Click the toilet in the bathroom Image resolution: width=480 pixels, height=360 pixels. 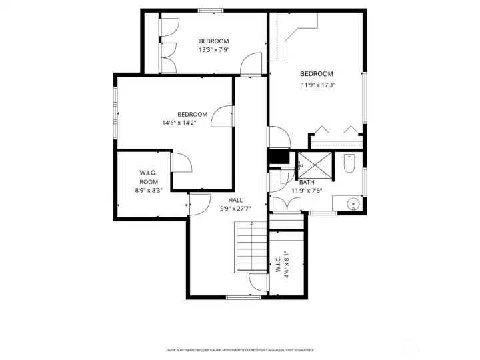click(348, 164)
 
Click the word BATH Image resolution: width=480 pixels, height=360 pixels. click(307, 182)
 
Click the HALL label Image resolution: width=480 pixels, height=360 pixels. click(235, 200)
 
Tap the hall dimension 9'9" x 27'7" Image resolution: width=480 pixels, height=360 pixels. click(235, 209)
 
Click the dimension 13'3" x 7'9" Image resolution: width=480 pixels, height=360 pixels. click(213, 49)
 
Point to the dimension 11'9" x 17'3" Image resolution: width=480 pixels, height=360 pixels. click(317, 85)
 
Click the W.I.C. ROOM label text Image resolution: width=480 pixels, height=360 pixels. click(149, 177)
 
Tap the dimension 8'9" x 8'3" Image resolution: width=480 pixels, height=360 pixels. click(149, 190)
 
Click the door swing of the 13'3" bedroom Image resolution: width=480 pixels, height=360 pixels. click(252, 64)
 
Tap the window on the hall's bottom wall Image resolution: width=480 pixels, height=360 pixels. click(243, 297)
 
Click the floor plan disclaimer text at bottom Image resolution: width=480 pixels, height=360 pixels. click(239, 349)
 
